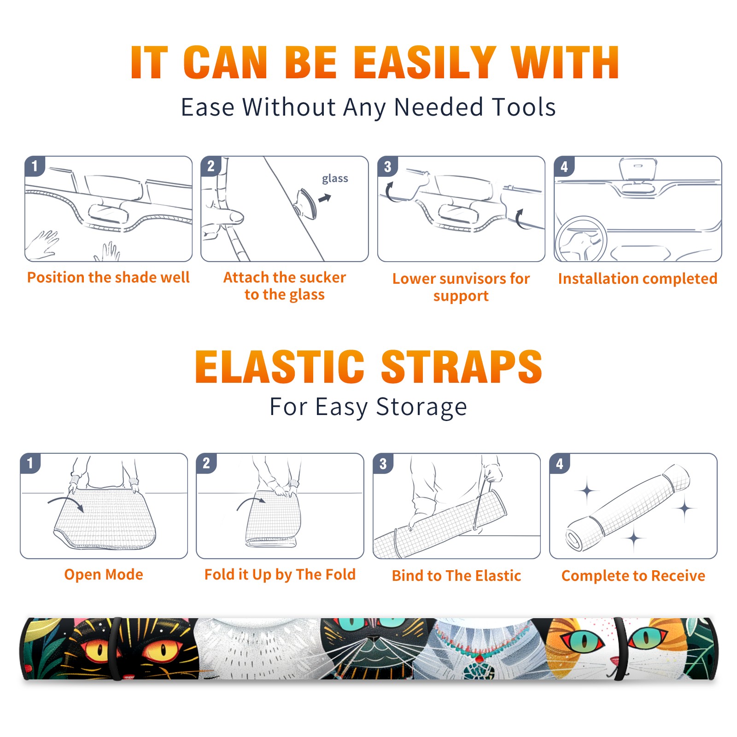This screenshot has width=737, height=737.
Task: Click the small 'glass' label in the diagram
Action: coord(335,179)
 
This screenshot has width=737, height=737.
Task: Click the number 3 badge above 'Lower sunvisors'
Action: coord(387,166)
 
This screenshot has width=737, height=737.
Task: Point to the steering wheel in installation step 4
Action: coord(581,239)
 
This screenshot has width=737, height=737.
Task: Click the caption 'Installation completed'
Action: coord(638,279)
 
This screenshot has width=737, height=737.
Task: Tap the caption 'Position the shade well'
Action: coord(108,277)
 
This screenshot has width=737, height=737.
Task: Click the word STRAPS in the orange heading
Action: coord(462,367)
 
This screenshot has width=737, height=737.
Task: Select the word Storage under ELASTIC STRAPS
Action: coord(421,407)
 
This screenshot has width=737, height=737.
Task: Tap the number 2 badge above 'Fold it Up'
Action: coord(206,463)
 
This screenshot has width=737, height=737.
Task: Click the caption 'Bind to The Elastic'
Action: coord(456,576)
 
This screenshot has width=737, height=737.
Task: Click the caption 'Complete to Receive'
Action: coord(633,576)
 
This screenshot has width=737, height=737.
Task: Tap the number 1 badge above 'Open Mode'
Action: coord(30,463)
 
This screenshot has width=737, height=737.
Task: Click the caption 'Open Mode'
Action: coord(104,575)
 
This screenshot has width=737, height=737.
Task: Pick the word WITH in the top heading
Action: coord(565,63)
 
